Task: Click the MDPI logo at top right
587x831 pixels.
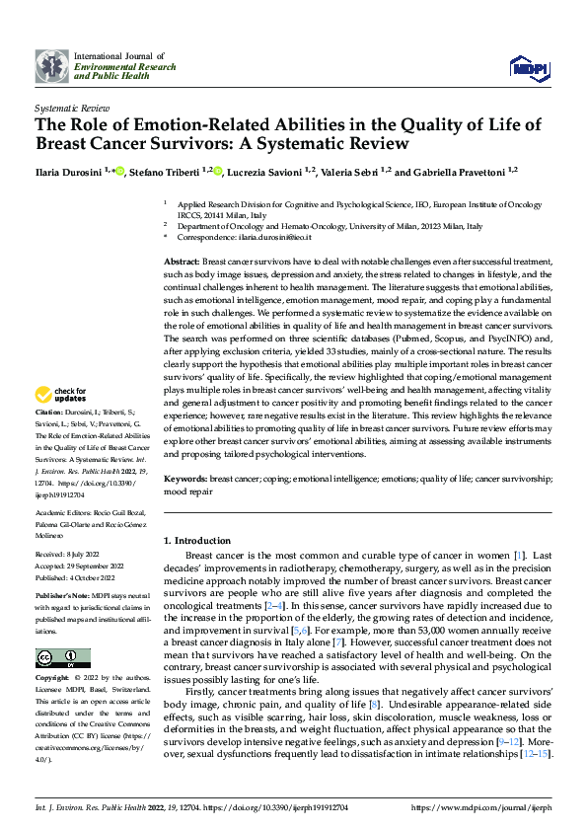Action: (530, 66)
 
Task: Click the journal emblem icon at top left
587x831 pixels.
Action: (51, 66)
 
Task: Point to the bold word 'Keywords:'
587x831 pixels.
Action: (184, 478)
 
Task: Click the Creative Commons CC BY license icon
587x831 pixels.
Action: (57, 657)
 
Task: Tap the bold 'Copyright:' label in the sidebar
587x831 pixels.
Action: (50, 680)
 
